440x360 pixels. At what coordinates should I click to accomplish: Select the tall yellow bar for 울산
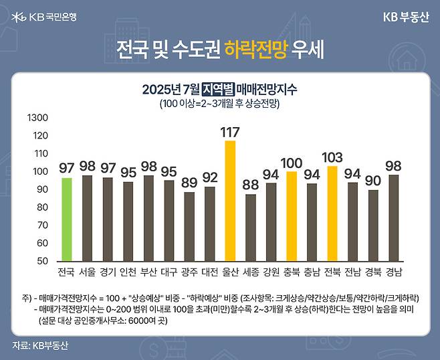click(x=230, y=201)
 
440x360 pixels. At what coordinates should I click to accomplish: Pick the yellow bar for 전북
click(x=332, y=213)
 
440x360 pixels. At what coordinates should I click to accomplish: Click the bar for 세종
click(x=251, y=227)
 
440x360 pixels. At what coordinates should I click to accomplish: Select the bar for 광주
click(x=189, y=226)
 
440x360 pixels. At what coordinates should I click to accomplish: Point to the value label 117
click(x=230, y=132)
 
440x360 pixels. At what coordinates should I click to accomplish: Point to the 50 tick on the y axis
click(x=41, y=260)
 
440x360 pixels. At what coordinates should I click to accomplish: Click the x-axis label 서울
click(x=87, y=272)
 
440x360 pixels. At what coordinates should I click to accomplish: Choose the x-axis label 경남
click(x=394, y=272)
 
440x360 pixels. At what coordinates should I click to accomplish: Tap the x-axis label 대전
click(x=210, y=272)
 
